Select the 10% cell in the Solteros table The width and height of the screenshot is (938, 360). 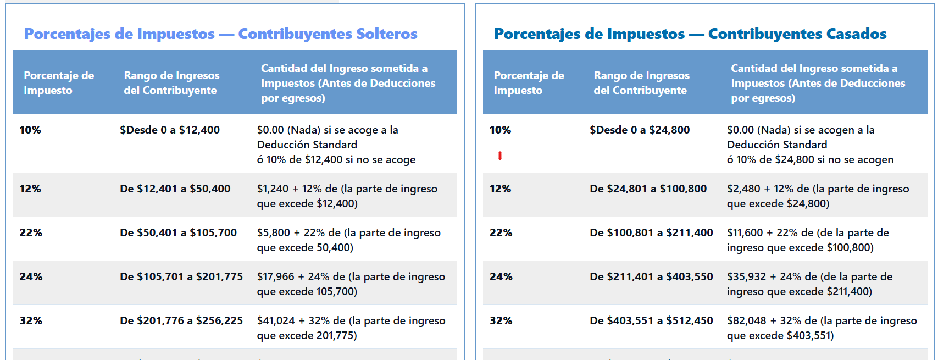point(30,130)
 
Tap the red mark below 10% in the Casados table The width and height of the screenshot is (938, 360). point(499,156)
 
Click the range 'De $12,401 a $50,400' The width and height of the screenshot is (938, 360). point(175,189)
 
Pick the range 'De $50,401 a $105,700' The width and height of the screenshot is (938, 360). point(178,233)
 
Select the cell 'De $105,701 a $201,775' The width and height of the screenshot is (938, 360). point(181,277)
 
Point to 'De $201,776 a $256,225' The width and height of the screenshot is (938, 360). point(181,321)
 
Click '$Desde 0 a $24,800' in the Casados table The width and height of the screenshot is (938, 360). point(639,130)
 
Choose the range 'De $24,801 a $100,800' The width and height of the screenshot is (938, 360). point(648,189)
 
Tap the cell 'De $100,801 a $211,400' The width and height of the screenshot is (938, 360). point(651,233)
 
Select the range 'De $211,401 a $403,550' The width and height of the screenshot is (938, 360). point(651,277)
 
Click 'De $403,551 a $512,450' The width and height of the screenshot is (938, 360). point(651,321)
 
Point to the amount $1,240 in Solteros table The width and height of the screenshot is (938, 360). point(273,189)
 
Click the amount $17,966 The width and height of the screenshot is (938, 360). point(275,277)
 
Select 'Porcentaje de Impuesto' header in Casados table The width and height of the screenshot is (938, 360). point(528,83)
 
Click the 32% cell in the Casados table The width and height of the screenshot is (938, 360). point(501,321)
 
